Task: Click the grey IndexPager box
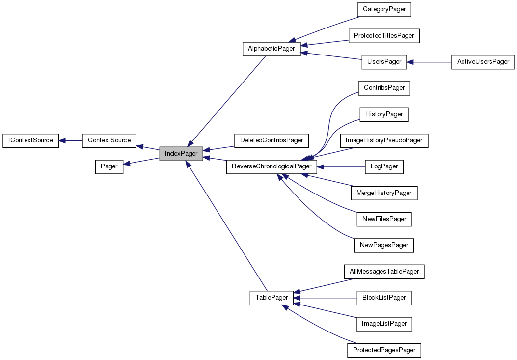[181, 154]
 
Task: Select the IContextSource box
[31, 140]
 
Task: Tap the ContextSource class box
[109, 140]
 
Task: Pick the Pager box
[109, 166]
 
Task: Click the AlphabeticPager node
[272, 49]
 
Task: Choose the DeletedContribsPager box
[272, 140]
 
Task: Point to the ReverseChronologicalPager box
[272, 166]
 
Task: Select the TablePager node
[272, 298]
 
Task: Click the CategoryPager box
[384, 9]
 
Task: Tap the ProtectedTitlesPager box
[384, 35]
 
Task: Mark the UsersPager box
[384, 62]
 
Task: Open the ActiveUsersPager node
[483, 62]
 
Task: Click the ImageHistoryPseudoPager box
[384, 140]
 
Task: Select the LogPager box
[384, 166]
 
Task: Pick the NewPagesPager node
[384, 245]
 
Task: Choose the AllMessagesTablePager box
[384, 271]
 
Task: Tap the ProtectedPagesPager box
[384, 350]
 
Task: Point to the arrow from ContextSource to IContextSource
[70, 140]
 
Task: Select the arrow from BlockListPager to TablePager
[327, 298]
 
